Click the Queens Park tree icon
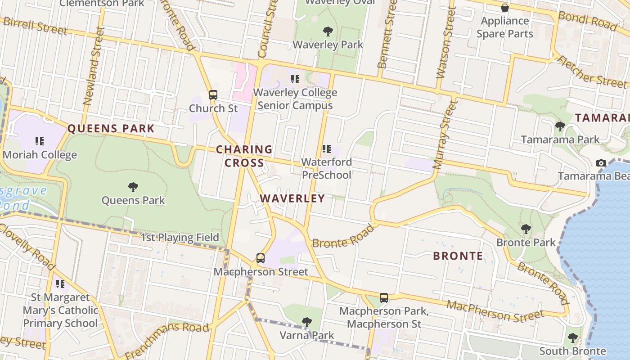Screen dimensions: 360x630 [x=133, y=187]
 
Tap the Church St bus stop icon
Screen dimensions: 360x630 [x=213, y=95]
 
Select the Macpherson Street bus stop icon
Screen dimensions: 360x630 [x=261, y=258]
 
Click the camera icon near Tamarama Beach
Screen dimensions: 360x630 [x=601, y=163]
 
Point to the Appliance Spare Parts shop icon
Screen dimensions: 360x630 [x=505, y=8]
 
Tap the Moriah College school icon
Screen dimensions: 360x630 [x=40, y=141]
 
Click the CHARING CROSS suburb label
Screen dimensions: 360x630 [x=244, y=156]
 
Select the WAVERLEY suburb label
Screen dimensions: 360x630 [x=292, y=198]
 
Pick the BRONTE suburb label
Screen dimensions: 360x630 [x=458, y=256]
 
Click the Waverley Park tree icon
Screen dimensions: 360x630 [x=328, y=31]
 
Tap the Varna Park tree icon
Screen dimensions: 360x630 [x=307, y=322]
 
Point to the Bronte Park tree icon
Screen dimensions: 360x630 [x=526, y=229]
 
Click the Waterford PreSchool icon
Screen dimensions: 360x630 [x=327, y=148]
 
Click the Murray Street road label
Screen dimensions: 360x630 [x=445, y=135]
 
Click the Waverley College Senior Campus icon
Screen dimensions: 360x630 [x=295, y=79]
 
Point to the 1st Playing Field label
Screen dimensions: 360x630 [x=180, y=238]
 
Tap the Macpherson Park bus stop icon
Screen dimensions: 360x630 [x=384, y=297]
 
